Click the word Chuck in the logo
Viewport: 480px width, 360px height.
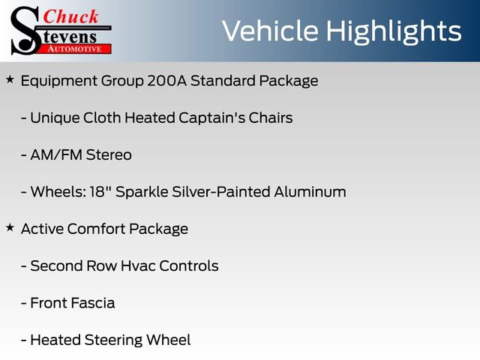(73, 16)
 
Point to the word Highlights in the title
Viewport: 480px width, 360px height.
(394, 31)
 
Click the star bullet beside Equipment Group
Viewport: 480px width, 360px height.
(10, 79)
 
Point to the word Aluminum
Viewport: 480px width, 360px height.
(309, 191)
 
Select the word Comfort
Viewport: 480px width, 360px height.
(97, 229)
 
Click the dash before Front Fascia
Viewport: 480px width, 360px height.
(24, 303)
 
